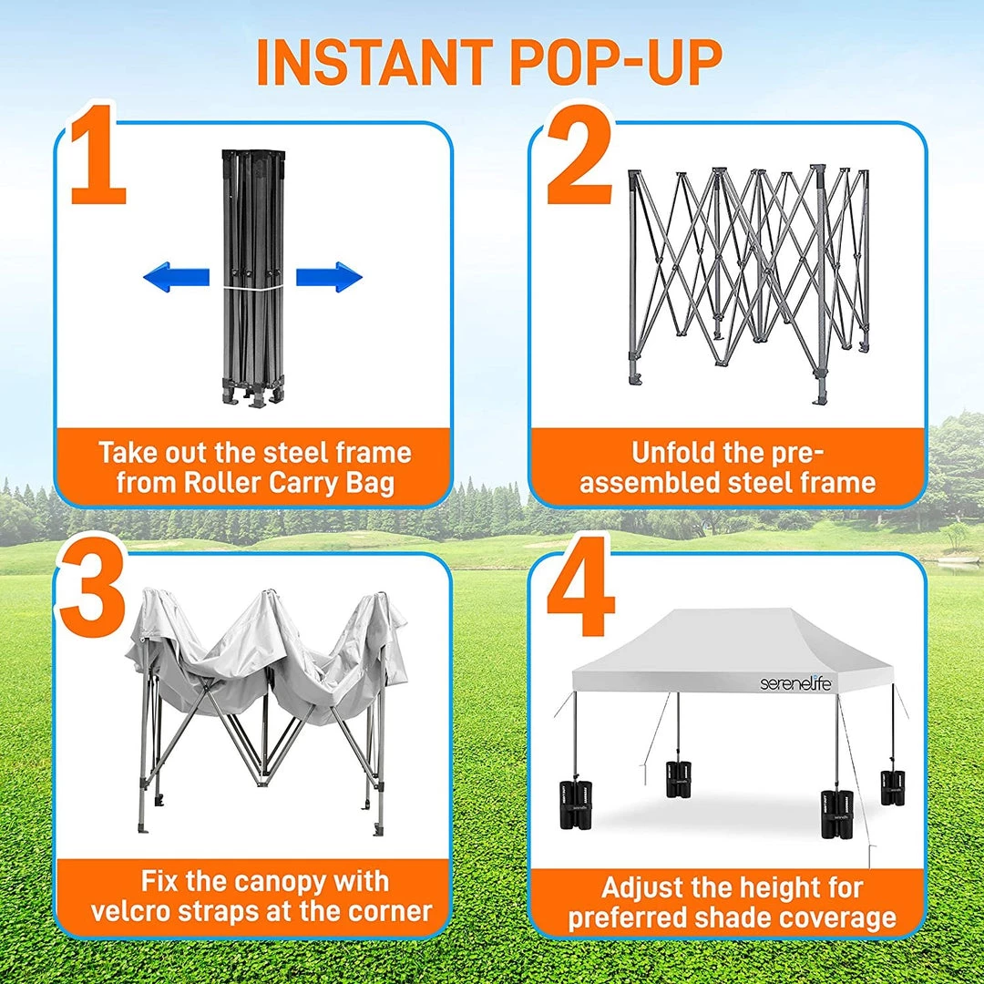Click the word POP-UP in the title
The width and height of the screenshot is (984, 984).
[616, 63]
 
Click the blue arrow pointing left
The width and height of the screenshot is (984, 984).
[177, 277]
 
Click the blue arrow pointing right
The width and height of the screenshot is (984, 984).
[329, 277]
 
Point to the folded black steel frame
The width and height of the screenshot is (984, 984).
[253, 279]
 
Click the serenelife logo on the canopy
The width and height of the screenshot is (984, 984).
[795, 682]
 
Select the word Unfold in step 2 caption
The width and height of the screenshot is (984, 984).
[671, 453]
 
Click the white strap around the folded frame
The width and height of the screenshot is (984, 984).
[253, 288]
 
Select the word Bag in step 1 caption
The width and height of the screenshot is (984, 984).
[370, 484]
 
